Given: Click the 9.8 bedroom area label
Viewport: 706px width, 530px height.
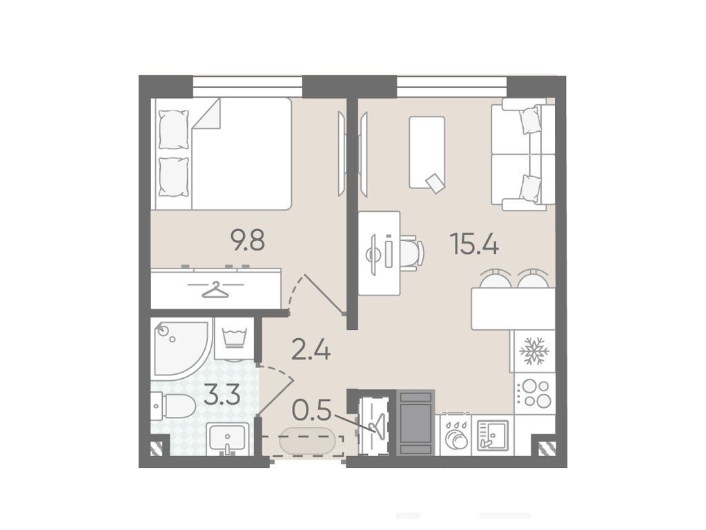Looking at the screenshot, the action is click(x=248, y=240).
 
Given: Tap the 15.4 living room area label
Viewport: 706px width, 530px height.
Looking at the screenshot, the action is click(x=473, y=245).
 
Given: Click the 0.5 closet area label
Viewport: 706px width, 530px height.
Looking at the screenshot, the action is click(x=311, y=410).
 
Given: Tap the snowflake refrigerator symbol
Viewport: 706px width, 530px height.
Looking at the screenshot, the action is click(x=534, y=351).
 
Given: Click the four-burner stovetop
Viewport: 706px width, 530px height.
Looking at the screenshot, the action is click(x=534, y=393).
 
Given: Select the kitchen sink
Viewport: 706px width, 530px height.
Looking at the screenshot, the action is click(x=492, y=435).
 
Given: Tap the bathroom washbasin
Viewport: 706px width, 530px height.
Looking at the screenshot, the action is click(x=227, y=439).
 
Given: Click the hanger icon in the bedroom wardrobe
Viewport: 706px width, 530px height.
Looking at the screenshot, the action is click(x=216, y=290).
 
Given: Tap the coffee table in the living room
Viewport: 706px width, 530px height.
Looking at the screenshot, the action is click(x=426, y=153).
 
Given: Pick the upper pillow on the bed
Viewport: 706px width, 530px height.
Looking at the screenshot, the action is click(x=174, y=130).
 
